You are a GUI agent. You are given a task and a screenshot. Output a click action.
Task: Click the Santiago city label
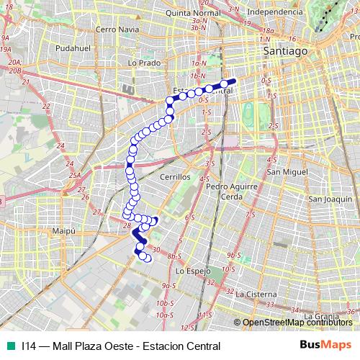[285, 52]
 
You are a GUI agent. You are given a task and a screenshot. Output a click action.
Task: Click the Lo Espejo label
[192, 271]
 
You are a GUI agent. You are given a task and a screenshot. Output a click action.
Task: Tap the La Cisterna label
[256, 294]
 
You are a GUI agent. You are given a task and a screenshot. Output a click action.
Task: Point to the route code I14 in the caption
[29, 346]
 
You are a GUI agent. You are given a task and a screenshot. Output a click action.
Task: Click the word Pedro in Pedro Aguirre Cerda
[217, 186]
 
